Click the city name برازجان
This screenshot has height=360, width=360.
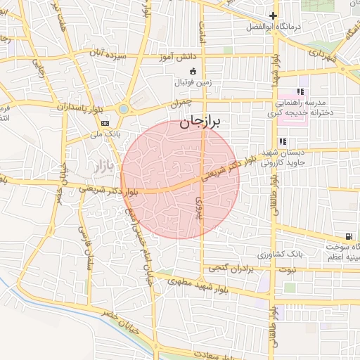(200, 122)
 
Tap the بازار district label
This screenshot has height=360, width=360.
(102, 167)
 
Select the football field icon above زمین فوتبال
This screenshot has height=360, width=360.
(193, 70)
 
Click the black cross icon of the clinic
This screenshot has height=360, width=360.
(273, 15)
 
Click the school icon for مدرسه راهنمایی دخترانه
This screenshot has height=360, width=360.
(301, 91)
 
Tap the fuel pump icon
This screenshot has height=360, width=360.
(349, 236)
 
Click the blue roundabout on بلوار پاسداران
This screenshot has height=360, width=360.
(124, 109)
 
